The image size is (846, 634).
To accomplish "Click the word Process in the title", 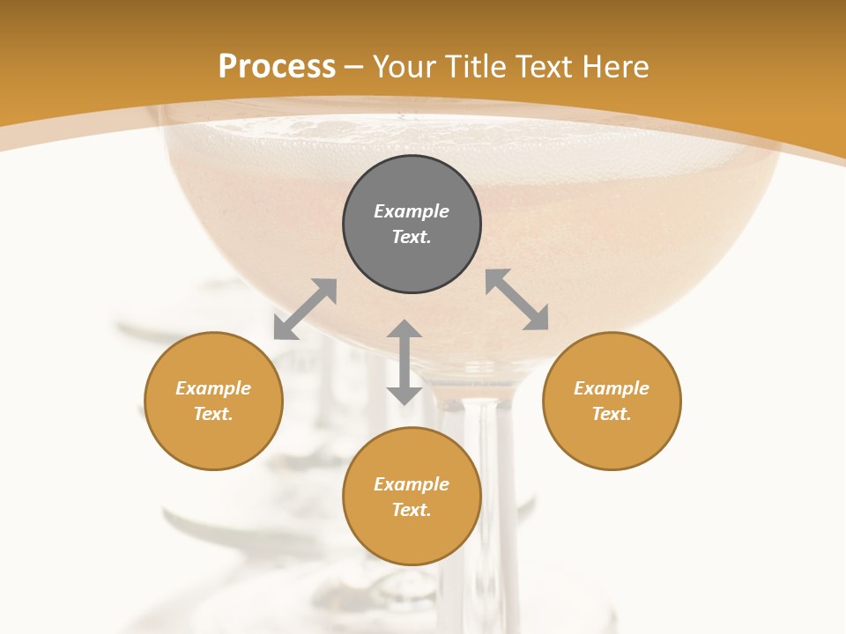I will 277,67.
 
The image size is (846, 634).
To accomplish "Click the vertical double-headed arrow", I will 404,362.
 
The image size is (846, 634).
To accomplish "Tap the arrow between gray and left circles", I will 305,309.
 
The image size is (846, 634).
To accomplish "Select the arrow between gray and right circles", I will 516,299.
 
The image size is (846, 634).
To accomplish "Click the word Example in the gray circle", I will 412,211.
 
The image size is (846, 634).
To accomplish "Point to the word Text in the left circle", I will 213,414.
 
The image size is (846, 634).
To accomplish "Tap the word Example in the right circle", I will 612,388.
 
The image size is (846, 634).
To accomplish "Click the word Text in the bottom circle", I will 412,510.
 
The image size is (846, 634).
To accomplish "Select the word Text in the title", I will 544,67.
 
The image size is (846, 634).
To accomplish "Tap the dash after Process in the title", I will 354,67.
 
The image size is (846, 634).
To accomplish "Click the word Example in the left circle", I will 213,388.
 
